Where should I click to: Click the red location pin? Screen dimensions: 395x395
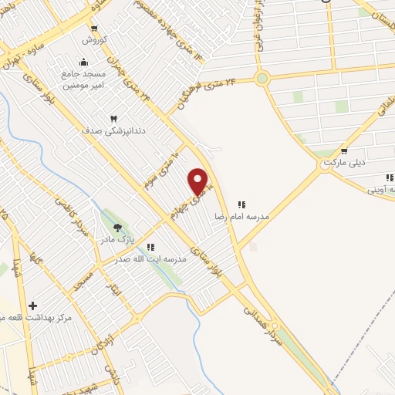[199, 181]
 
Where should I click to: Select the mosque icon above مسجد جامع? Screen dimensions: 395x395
[83, 62]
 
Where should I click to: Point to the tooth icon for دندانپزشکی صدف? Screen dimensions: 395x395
[114, 118]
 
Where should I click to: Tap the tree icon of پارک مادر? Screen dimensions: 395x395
[117, 227]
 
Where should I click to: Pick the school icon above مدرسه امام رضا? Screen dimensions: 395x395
[241, 205]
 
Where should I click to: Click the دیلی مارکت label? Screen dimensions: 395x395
[343, 164]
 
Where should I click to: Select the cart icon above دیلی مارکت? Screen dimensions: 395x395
[343, 152]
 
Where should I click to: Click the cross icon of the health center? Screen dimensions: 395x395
[32, 306]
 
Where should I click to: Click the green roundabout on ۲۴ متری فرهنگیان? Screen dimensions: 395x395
[262, 78]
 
